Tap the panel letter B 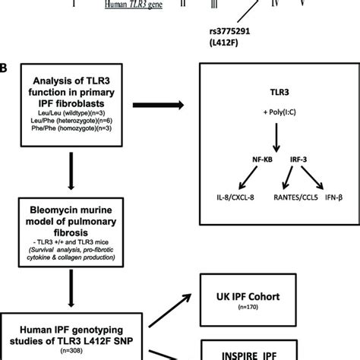[x=5, y=68]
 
